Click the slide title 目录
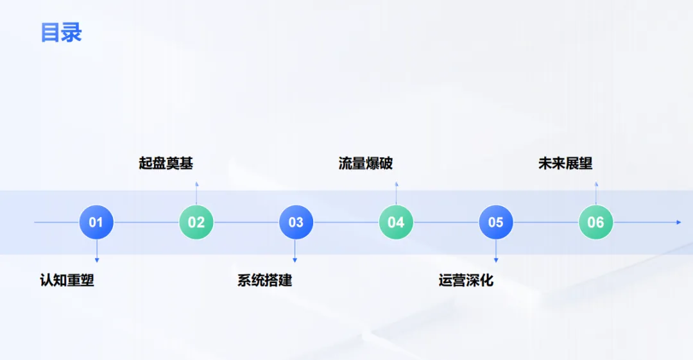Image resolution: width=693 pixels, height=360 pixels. [62, 32]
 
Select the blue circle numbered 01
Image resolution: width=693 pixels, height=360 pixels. [96, 222]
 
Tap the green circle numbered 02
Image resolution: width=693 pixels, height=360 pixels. [196, 222]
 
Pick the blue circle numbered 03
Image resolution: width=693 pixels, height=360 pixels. [296, 222]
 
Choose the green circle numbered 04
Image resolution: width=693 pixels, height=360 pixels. [396, 222]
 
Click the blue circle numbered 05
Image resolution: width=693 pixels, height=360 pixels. [495, 222]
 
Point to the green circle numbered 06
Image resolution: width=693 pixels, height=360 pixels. [595, 222]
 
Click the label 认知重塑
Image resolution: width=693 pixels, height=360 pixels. [67, 280]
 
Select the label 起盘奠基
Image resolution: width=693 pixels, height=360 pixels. [166, 164]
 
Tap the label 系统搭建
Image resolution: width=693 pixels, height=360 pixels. [265, 280]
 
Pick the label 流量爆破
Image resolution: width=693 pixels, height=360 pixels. [366, 164]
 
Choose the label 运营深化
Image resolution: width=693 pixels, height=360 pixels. [466, 280]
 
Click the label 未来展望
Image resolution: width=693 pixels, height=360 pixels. [565, 164]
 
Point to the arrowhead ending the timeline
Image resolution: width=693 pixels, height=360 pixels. [678, 222]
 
